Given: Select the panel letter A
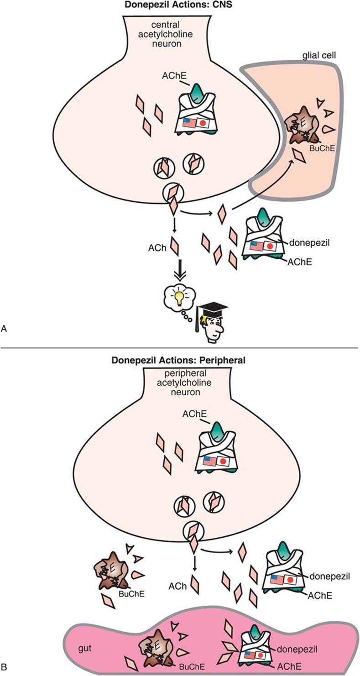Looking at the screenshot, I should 5,328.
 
